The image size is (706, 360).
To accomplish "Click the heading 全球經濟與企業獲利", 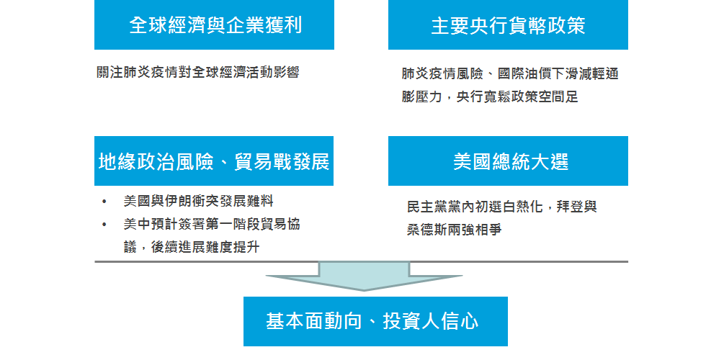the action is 215,24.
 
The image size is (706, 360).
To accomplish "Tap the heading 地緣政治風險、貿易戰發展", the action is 214,161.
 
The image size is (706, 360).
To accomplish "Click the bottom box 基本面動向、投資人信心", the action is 375,321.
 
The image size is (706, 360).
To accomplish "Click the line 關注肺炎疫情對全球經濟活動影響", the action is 198,73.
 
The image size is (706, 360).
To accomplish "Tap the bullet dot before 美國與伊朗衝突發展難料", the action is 104,202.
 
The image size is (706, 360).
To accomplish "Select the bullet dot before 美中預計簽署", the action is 104,225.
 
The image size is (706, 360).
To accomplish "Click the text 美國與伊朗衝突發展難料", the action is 199,201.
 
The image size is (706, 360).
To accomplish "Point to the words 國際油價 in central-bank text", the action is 524,73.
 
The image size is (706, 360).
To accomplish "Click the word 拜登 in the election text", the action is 570,207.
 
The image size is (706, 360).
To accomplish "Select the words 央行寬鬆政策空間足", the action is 517,96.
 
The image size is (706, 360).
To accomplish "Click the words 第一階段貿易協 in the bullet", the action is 253,224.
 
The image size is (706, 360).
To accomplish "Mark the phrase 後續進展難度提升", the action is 205,247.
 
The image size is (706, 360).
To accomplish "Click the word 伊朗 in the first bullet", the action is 179,201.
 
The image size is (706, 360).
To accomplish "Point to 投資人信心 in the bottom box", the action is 431,321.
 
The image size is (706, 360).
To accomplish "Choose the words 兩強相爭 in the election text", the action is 475,230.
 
